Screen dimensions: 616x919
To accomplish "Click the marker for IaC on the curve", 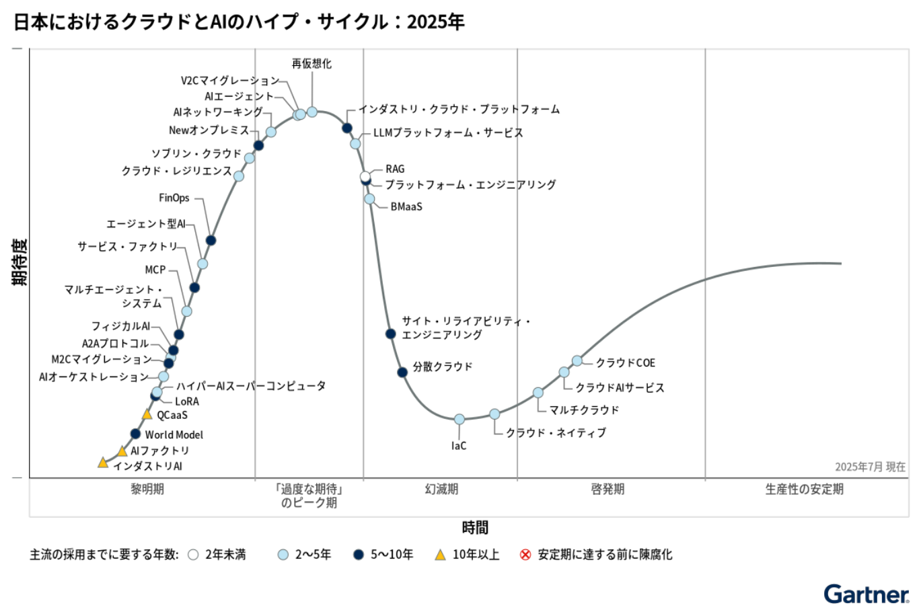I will click(459, 419).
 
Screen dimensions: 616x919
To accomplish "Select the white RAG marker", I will click(365, 177).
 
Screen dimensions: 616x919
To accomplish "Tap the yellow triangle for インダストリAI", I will click(103, 463).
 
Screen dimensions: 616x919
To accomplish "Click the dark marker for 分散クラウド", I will click(402, 372).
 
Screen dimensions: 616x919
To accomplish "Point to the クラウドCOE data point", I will click(577, 360).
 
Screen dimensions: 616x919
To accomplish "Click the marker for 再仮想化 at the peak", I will click(312, 112).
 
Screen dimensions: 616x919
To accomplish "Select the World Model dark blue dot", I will click(135, 434).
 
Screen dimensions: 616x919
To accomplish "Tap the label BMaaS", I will click(406, 206).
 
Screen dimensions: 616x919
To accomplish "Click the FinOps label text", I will click(174, 198).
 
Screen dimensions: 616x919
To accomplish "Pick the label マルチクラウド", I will click(584, 410).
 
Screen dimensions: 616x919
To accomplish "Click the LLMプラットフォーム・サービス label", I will click(448, 132).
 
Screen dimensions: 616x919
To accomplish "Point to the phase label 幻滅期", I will click(441, 489).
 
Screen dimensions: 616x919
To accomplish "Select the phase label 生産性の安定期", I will click(804, 489).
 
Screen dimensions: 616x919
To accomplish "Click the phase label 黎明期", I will click(147, 489).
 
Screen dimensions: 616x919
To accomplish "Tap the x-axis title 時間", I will click(475, 528).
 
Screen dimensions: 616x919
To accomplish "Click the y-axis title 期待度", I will click(20, 262).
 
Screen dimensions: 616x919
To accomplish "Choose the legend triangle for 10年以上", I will click(440, 555).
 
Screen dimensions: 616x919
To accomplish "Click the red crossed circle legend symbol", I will click(525, 555).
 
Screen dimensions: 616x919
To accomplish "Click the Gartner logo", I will click(866, 594).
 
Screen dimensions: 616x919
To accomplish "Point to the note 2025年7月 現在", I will click(870, 467).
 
